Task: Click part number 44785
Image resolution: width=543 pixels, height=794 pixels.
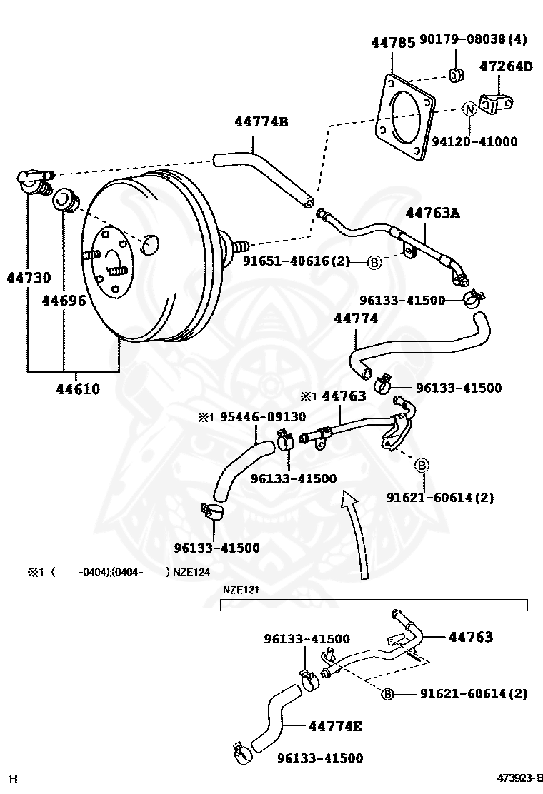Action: point(393,43)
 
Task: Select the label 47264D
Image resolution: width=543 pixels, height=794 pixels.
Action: point(506,66)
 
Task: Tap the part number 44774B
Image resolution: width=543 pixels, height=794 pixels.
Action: point(261,121)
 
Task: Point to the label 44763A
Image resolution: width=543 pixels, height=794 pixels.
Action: point(432,213)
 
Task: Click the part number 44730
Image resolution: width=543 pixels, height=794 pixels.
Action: point(29,278)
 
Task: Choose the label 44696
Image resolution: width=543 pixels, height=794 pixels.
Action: point(64,301)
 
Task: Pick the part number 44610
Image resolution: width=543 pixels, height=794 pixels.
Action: point(78,389)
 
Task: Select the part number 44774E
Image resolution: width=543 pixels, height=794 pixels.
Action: point(335,727)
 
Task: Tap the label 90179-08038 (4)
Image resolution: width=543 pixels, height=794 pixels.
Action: point(474,39)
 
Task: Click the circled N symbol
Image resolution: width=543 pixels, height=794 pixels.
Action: point(469,109)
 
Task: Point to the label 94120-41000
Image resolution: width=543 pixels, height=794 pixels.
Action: point(474,142)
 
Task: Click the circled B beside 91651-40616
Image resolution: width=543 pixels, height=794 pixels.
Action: point(374,263)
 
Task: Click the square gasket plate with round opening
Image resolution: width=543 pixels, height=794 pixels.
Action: point(405,118)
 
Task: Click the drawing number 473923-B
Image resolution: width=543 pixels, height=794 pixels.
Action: point(519,778)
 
